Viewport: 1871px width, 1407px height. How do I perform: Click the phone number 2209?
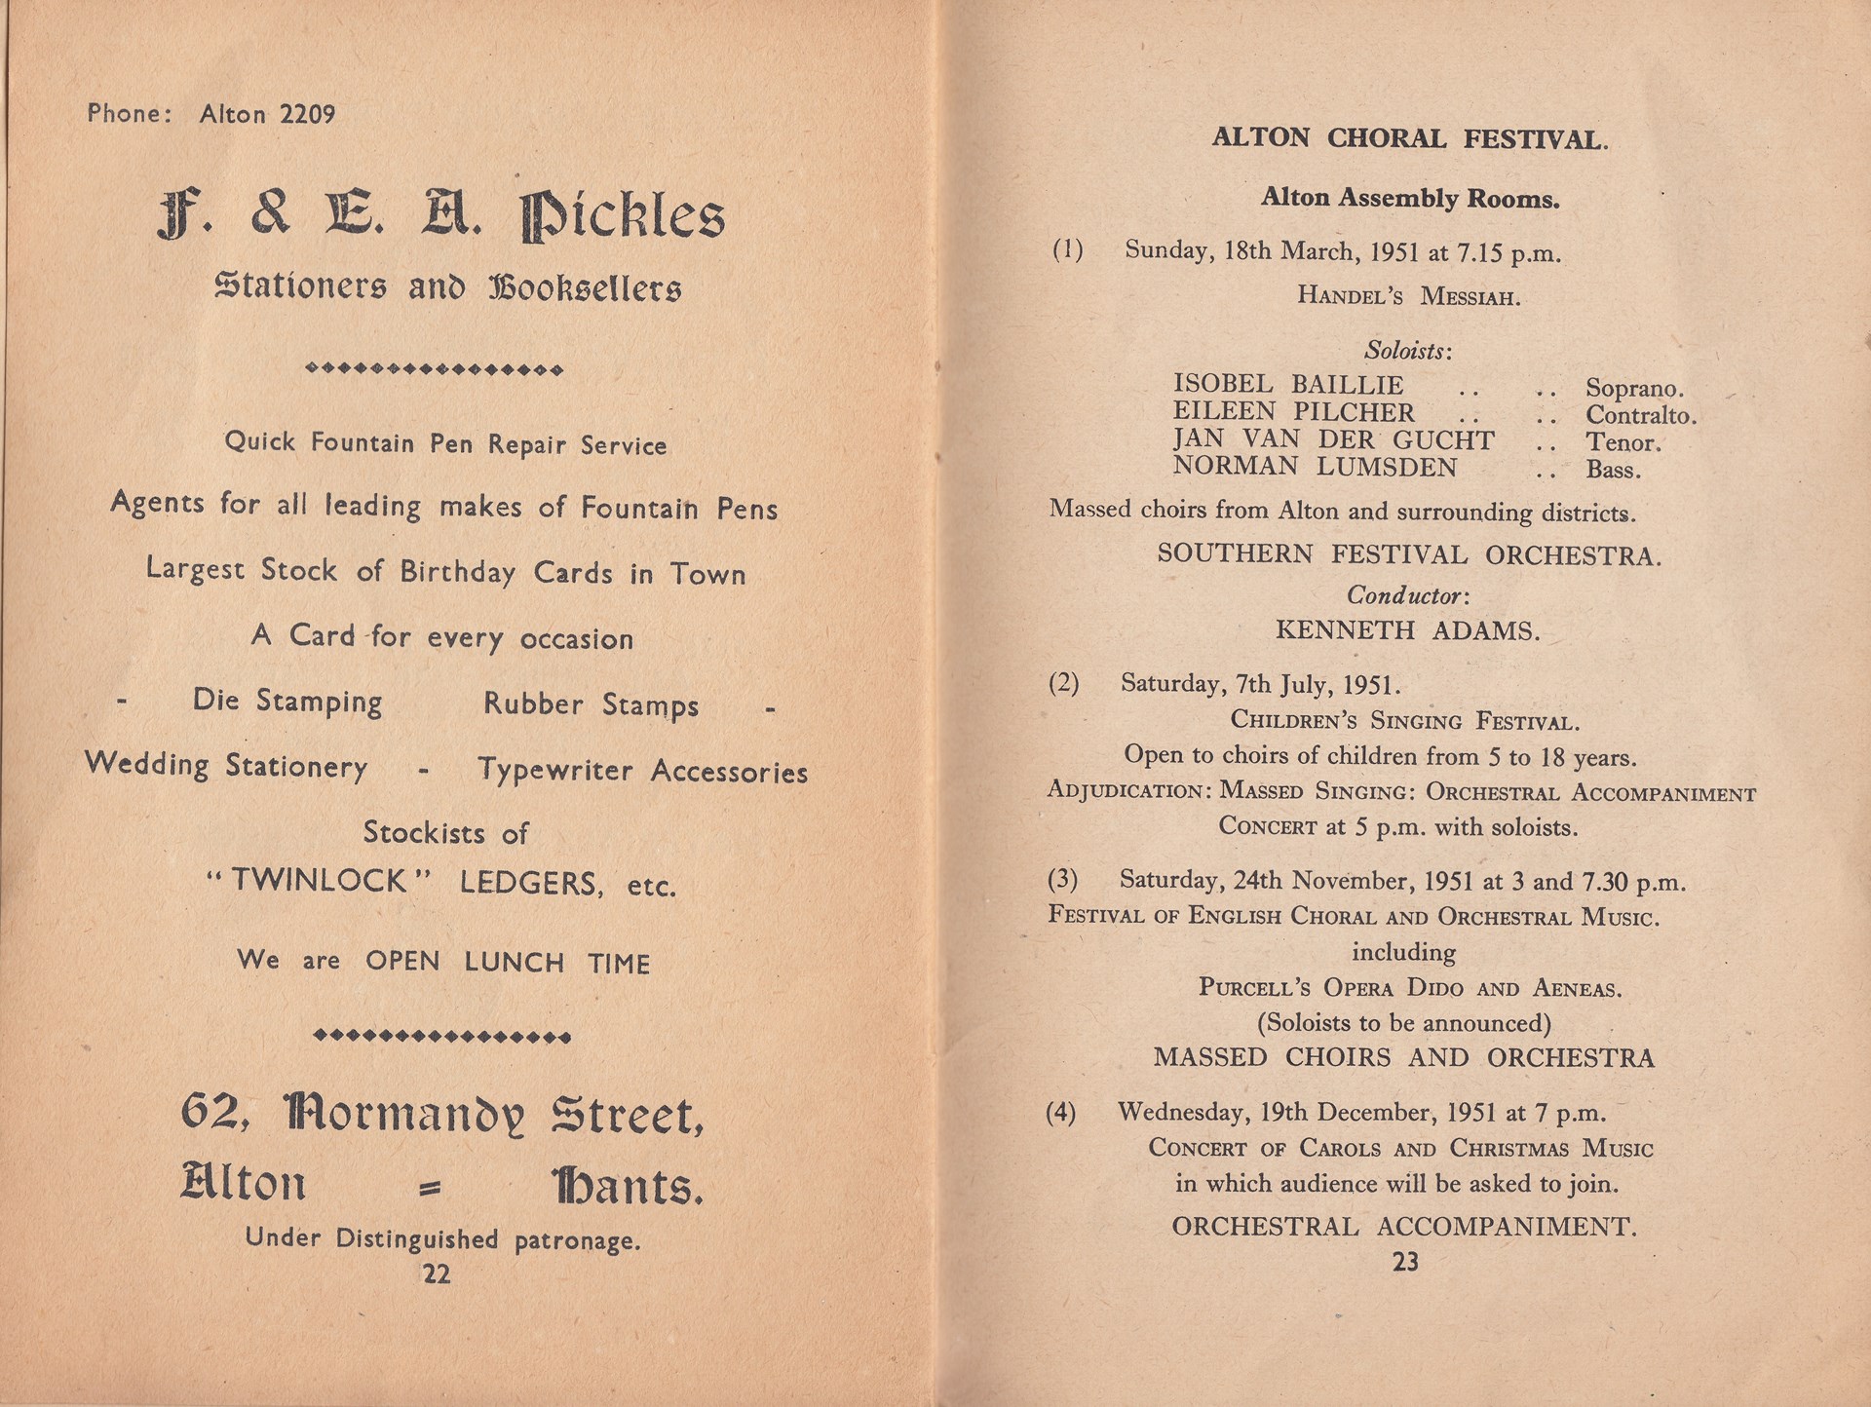click(307, 115)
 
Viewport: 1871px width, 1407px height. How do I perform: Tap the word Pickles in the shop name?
click(623, 217)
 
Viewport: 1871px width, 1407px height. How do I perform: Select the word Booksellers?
click(585, 288)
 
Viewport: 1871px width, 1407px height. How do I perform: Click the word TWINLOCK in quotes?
click(318, 881)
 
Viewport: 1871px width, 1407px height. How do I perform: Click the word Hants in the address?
click(627, 1186)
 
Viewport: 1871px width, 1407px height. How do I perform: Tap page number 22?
click(437, 1274)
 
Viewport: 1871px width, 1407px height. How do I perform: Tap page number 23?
click(1405, 1262)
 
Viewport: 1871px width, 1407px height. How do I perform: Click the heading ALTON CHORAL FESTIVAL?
click(1409, 139)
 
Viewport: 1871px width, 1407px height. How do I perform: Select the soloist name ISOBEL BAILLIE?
click(1288, 385)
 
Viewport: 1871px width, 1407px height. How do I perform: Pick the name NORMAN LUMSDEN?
click(1315, 468)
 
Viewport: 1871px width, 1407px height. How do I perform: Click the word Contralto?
click(1641, 416)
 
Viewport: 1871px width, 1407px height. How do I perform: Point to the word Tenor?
click(1623, 443)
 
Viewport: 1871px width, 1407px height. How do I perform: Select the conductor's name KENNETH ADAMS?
click(1407, 631)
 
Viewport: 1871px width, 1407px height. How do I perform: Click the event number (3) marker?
click(1062, 880)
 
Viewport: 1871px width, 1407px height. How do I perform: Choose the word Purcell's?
click(1255, 987)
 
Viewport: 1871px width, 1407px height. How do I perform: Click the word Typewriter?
click(555, 771)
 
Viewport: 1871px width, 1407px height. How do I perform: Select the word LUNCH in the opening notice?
click(515, 962)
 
